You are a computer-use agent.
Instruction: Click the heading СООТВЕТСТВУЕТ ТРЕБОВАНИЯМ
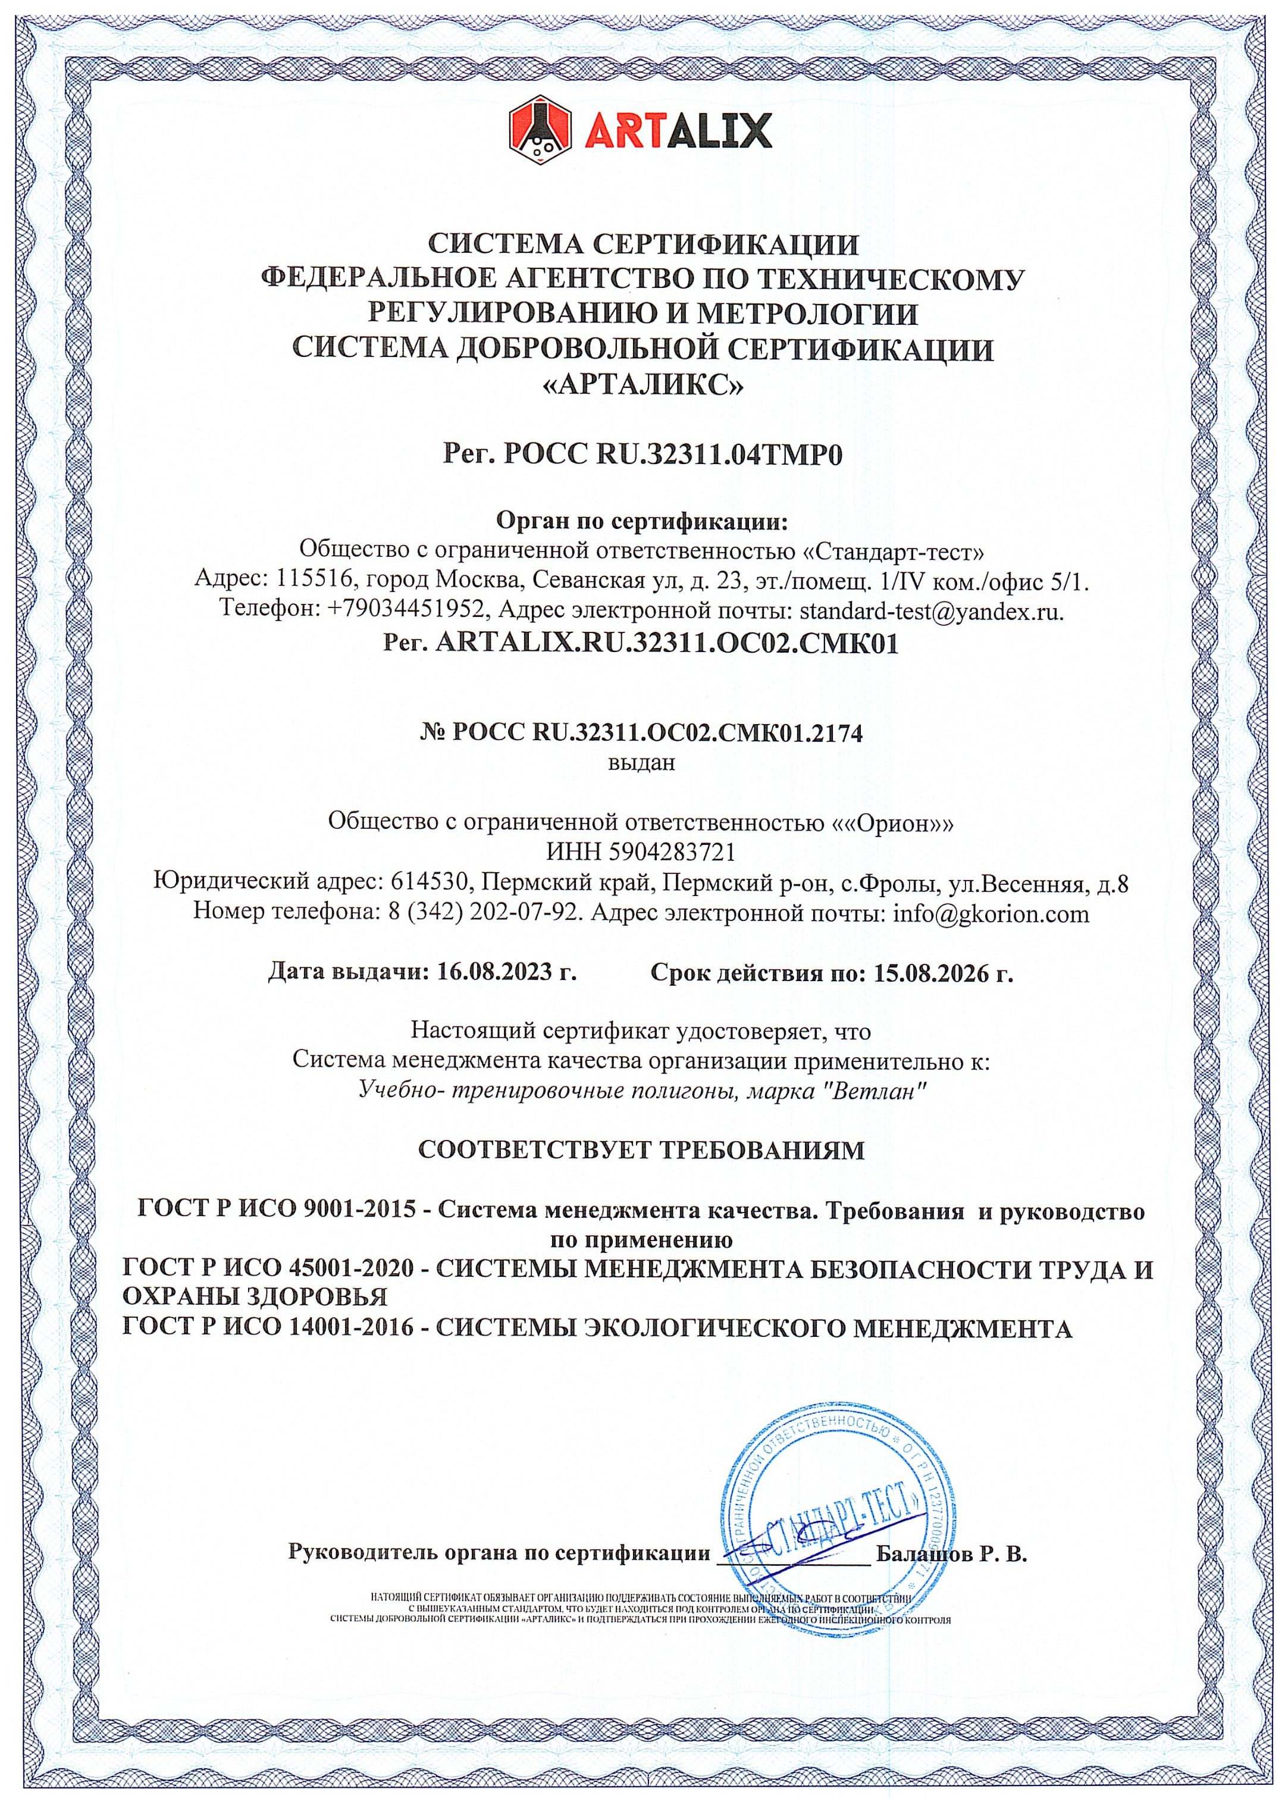point(642,1150)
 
